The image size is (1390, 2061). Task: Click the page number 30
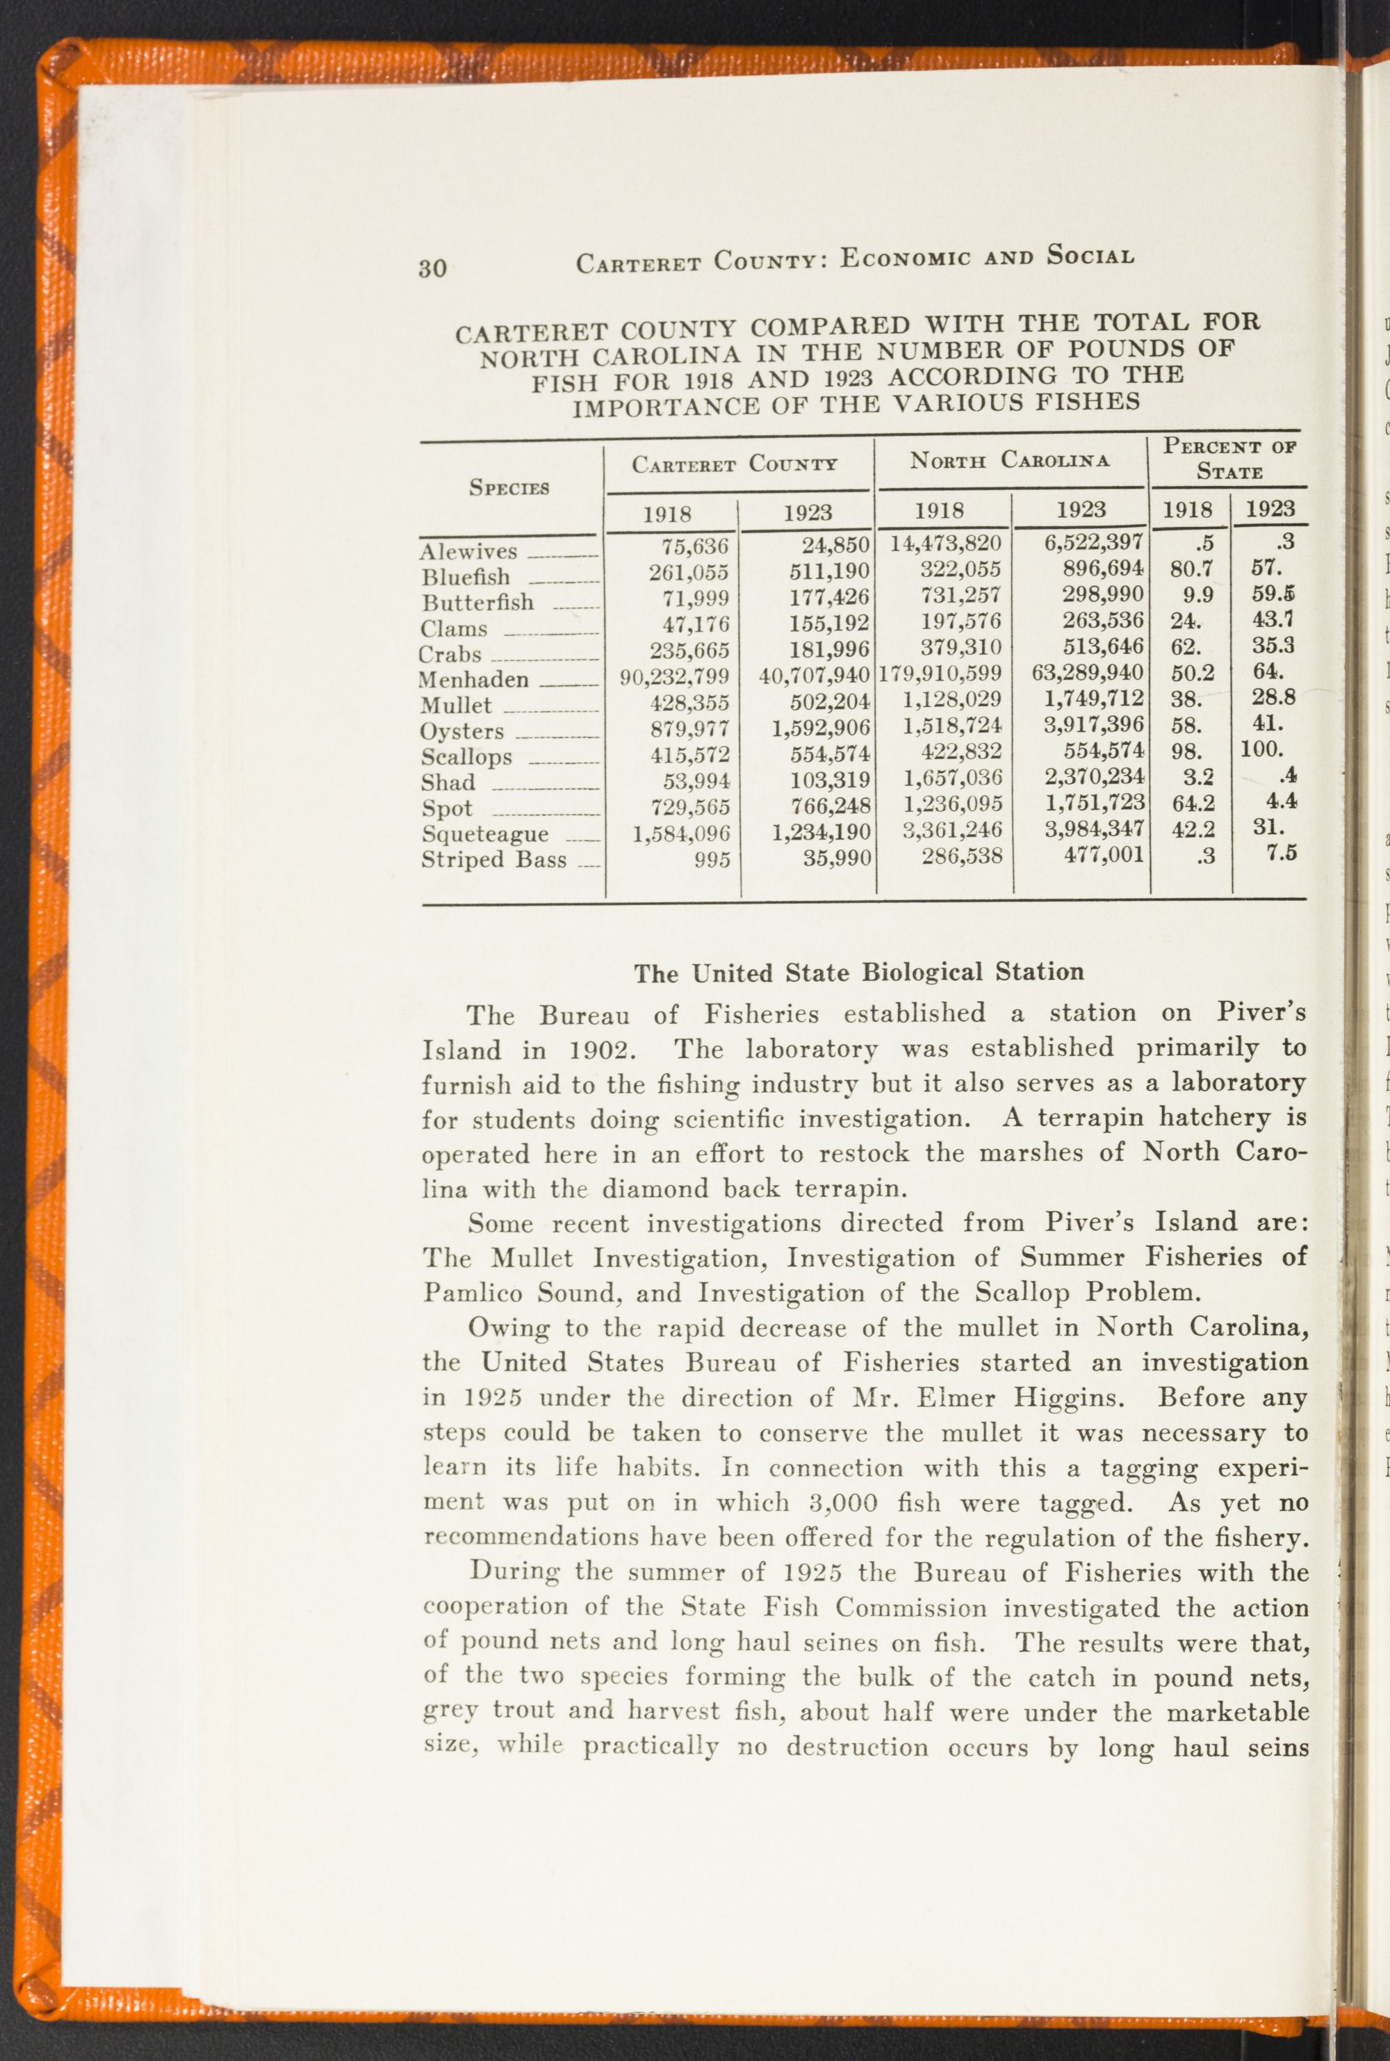tap(432, 267)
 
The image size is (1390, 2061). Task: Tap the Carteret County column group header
tap(734, 464)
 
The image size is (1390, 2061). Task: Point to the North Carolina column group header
tap(1009, 460)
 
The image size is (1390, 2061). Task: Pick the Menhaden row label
tap(473, 680)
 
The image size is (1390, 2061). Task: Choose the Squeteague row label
tap(485, 834)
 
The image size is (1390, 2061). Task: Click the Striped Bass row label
tap(493, 859)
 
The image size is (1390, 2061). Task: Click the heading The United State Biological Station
tap(858, 972)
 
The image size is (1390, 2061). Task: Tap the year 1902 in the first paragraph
tap(598, 1051)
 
